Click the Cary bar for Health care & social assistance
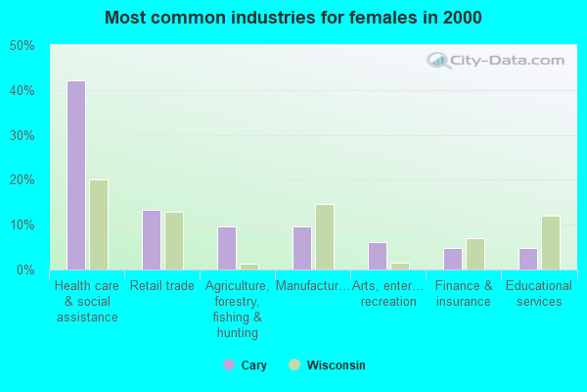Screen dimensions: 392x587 [x=76, y=175]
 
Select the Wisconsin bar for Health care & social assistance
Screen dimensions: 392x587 [x=99, y=224]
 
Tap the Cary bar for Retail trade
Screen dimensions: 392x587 [x=152, y=240]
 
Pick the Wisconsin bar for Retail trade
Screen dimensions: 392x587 [x=174, y=241]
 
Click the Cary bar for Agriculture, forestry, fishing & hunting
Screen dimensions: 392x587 [x=227, y=248]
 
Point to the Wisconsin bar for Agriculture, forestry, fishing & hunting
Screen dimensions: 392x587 [x=249, y=267]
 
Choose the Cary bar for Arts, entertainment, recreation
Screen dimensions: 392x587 [x=378, y=256]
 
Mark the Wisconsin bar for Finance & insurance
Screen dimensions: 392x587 [x=475, y=254]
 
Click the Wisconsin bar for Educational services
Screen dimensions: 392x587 [x=551, y=243]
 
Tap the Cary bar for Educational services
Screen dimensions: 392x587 [x=528, y=259]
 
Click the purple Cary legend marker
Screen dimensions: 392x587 [x=228, y=366]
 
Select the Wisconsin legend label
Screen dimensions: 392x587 [x=337, y=366]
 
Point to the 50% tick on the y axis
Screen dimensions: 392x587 [x=22, y=46]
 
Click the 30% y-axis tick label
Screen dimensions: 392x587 [x=22, y=135]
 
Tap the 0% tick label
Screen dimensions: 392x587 [x=24, y=269]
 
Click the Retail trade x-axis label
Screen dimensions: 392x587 [x=163, y=286]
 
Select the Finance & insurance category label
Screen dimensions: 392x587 [x=464, y=294]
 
